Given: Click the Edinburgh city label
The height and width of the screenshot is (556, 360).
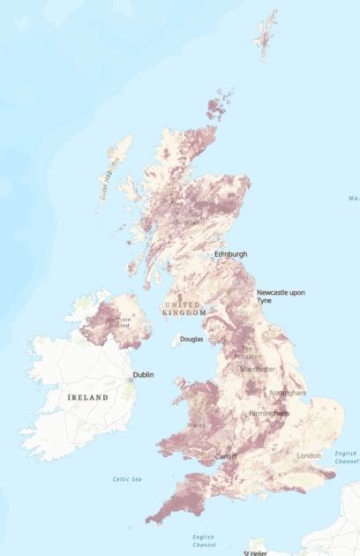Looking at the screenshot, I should pos(230,254).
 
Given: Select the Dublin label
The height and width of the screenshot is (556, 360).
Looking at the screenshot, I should pos(143,374).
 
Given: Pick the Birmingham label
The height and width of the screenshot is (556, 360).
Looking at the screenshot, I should pos(267,413).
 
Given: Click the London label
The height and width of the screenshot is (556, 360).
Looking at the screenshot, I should pos(310,455).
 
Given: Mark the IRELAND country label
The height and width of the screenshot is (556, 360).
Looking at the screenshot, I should pos(87,398).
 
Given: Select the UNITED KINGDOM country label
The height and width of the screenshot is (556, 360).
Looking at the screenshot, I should pos(184,308).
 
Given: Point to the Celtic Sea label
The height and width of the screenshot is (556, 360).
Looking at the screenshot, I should pos(127,479).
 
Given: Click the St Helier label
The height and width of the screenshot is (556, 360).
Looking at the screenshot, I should pos(257,552).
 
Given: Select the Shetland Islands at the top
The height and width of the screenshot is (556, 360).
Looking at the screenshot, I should pos(267,35).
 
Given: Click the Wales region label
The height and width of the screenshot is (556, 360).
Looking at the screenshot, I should pos(196,425).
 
